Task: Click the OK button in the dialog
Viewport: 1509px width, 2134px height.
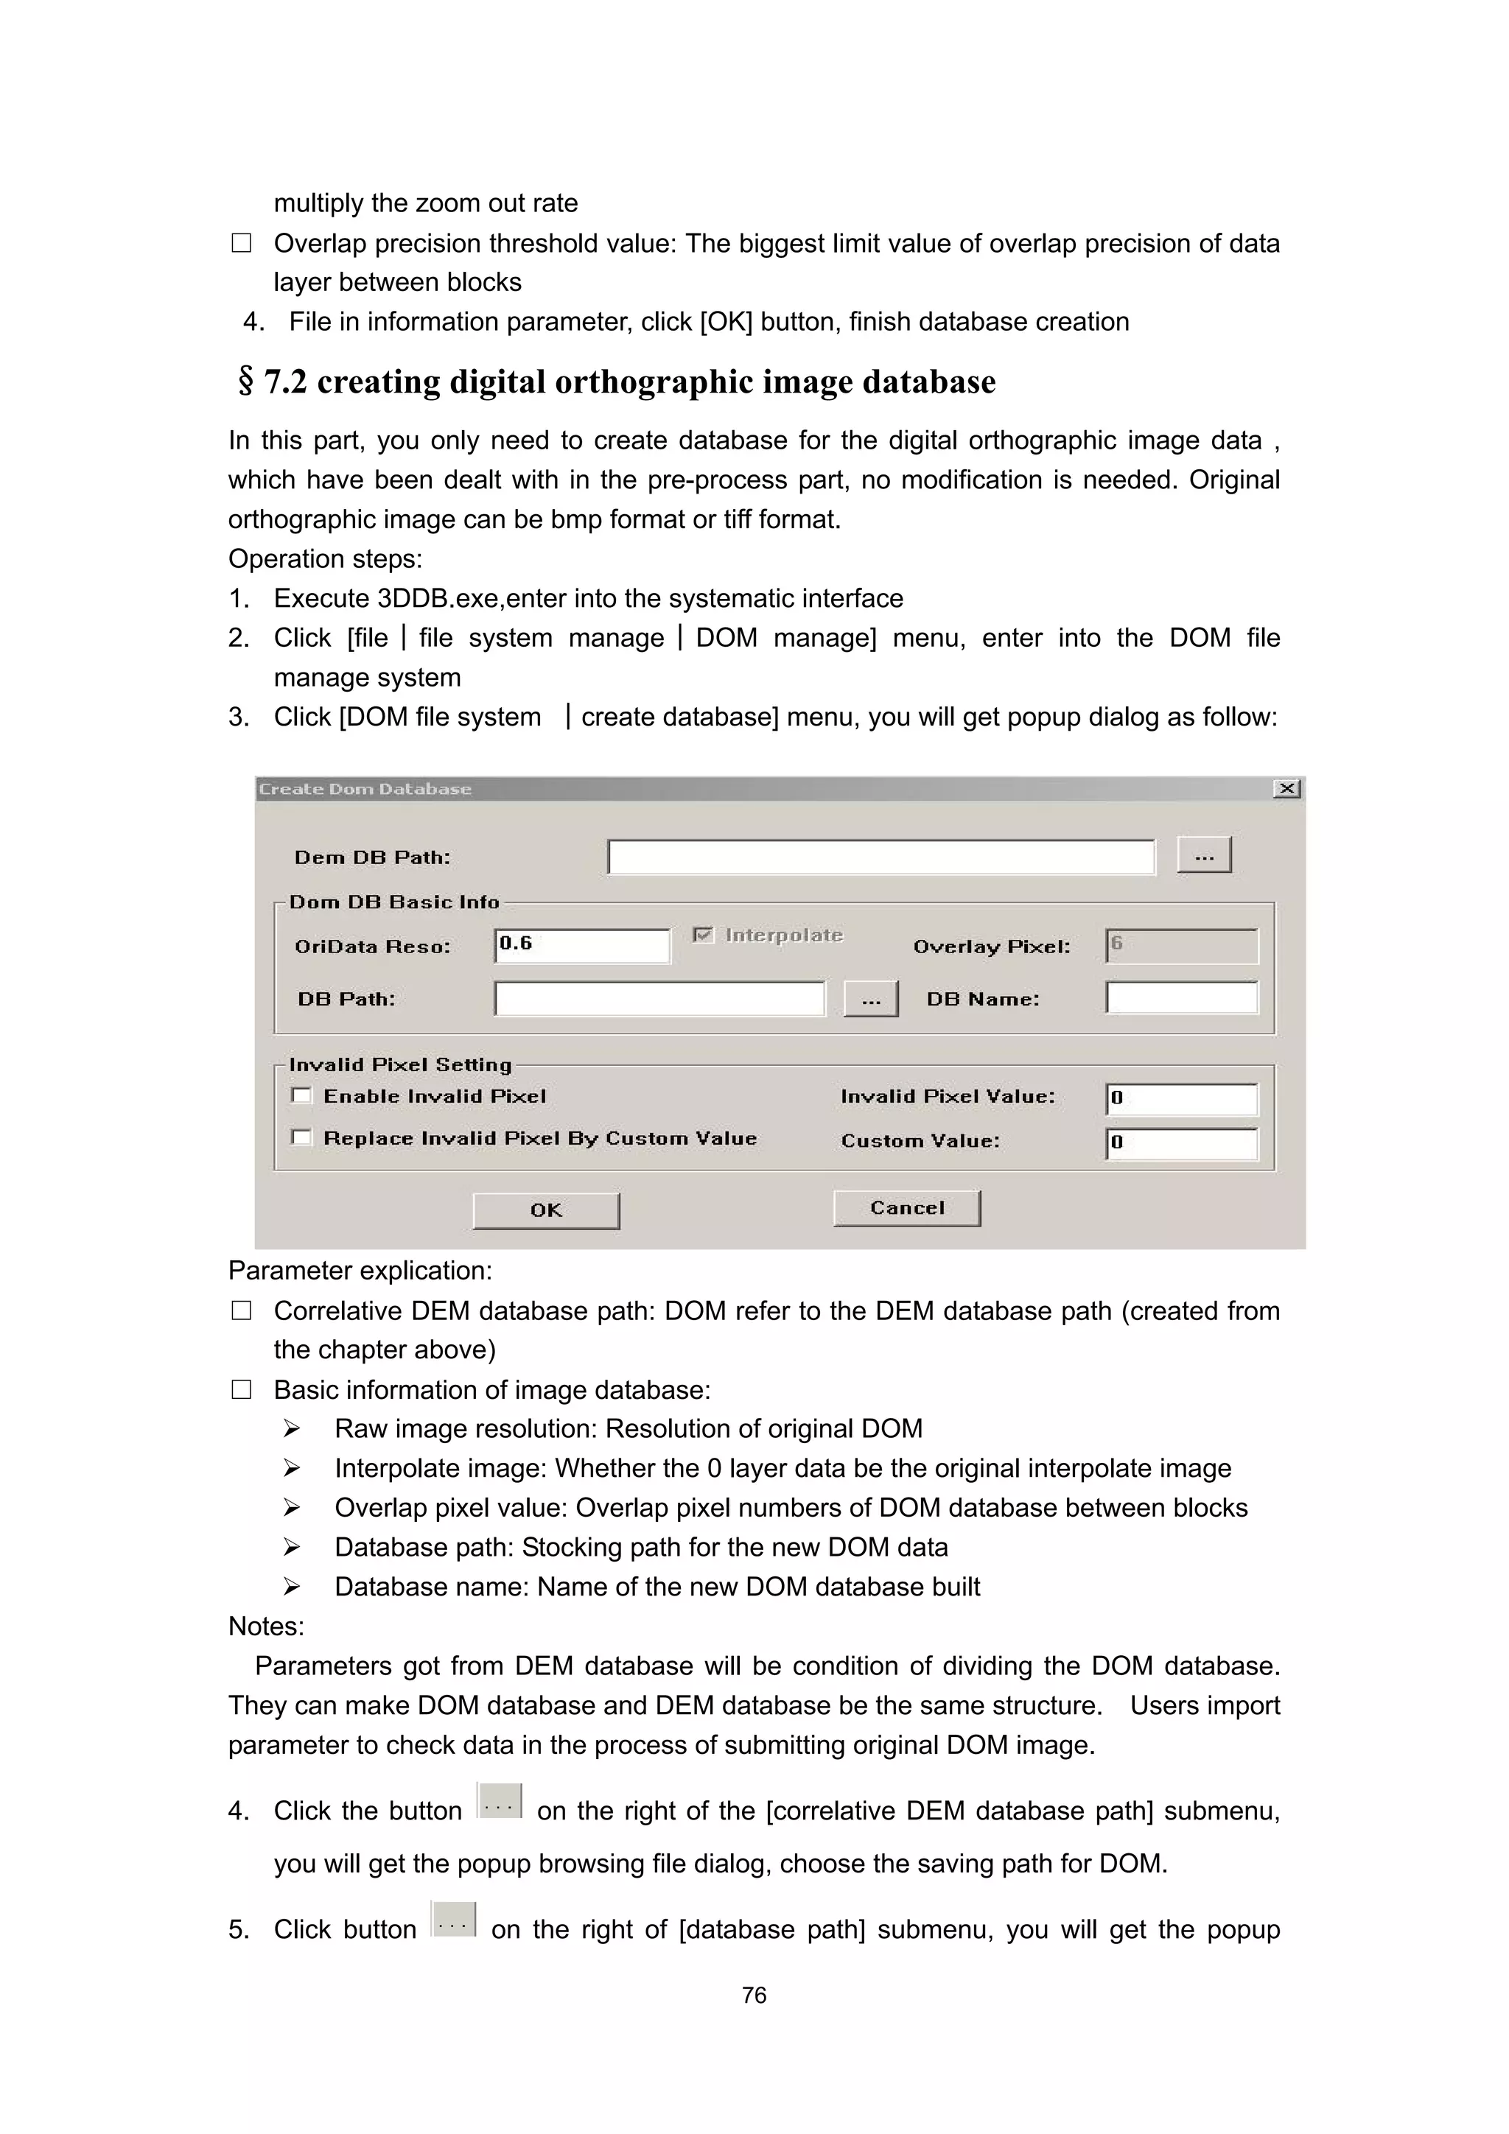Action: tap(546, 1210)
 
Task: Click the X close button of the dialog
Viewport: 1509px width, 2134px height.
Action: tap(1286, 788)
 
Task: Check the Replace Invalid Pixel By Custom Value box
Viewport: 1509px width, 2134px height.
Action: tap(301, 1137)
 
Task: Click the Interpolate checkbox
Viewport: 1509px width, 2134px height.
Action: tap(704, 934)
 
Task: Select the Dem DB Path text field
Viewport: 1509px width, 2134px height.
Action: tap(880, 856)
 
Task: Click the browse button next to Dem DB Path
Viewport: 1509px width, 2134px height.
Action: tap(1204, 855)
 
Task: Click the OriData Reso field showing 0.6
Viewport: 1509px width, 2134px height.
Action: tap(581, 945)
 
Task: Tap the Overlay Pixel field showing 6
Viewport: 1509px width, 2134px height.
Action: tap(1181, 945)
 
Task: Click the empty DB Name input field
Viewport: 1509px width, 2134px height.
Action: tap(1181, 997)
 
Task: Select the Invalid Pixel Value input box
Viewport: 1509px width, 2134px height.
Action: tap(1181, 1098)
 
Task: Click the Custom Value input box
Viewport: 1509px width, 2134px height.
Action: tap(1181, 1143)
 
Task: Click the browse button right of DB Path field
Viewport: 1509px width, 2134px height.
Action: tap(870, 999)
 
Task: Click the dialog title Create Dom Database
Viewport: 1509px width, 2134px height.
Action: tap(365, 789)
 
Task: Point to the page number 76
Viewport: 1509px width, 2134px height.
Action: tap(754, 1995)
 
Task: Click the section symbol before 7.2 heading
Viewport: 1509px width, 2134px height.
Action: tap(245, 381)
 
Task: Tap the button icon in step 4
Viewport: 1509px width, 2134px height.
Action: tap(500, 1801)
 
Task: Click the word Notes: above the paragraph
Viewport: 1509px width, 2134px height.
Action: tap(266, 1626)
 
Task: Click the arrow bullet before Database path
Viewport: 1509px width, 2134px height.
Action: tap(292, 1548)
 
